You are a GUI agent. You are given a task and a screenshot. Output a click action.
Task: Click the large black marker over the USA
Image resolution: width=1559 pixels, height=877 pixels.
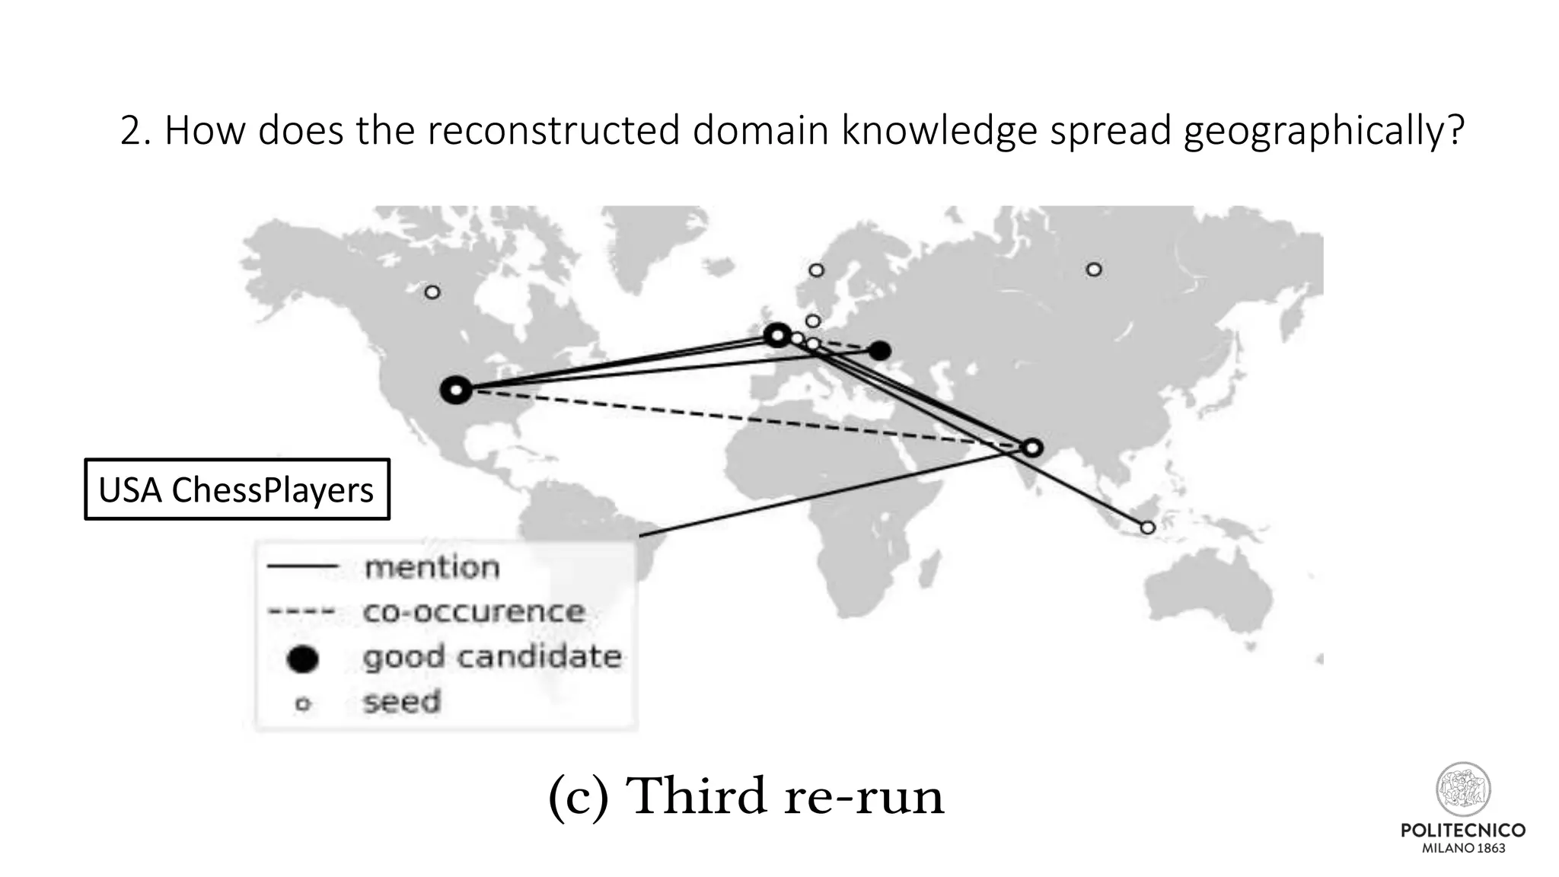[x=456, y=391]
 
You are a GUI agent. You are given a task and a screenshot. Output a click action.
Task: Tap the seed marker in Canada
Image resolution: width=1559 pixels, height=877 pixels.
[x=432, y=292]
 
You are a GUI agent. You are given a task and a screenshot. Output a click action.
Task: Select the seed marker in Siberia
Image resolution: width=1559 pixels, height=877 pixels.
[x=1094, y=269]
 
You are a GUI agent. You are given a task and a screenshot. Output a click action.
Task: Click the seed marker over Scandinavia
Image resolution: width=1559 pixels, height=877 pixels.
[x=816, y=270]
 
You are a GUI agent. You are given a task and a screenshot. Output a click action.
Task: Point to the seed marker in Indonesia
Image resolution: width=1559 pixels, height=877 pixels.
[x=1148, y=528]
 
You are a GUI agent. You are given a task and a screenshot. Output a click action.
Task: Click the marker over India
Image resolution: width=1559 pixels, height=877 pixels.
[x=1032, y=448]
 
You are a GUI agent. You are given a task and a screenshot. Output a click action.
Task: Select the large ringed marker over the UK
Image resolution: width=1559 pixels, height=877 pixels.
[x=777, y=335]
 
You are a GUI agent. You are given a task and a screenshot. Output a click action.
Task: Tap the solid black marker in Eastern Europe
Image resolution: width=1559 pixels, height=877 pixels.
[x=880, y=351]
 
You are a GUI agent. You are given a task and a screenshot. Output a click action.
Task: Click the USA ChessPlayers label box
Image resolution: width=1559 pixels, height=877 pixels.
[x=237, y=490]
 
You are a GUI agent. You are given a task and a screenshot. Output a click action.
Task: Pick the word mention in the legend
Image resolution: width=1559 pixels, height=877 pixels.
[x=432, y=568]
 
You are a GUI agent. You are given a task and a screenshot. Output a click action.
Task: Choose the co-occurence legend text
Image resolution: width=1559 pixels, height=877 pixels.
[x=473, y=612]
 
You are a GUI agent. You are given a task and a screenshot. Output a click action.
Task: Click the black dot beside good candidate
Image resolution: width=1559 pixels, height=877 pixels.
[x=302, y=659]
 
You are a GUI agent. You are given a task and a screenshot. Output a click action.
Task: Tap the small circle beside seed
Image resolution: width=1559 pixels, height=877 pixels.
[x=303, y=704]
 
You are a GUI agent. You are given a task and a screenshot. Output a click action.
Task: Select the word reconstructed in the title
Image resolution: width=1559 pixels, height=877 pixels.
[x=553, y=131]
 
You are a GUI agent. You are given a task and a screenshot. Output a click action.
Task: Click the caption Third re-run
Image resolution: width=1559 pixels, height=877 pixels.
[x=746, y=796]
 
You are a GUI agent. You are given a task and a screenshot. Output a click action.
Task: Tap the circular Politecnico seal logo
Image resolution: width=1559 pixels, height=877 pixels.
[x=1463, y=789]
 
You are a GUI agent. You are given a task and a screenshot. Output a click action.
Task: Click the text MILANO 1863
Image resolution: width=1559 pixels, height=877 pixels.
[x=1463, y=848]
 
